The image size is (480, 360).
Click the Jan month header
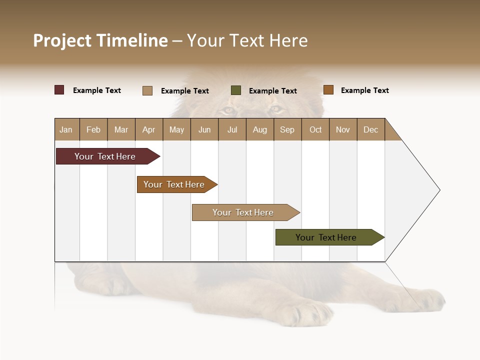(x=66, y=130)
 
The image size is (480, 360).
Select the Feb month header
(x=93, y=130)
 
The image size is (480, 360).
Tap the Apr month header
(x=148, y=130)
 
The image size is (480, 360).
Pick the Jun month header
(x=204, y=130)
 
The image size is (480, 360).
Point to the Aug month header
(x=259, y=130)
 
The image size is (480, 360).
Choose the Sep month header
(x=287, y=130)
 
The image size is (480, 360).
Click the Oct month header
(x=315, y=130)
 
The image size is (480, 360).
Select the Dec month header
(x=370, y=130)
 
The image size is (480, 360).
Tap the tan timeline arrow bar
(x=243, y=212)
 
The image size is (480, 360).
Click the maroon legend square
(x=59, y=90)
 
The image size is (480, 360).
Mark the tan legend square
(x=147, y=90)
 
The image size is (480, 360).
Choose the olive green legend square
(x=236, y=90)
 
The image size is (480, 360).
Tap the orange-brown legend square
(x=328, y=90)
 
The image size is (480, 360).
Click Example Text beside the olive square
(x=273, y=91)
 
